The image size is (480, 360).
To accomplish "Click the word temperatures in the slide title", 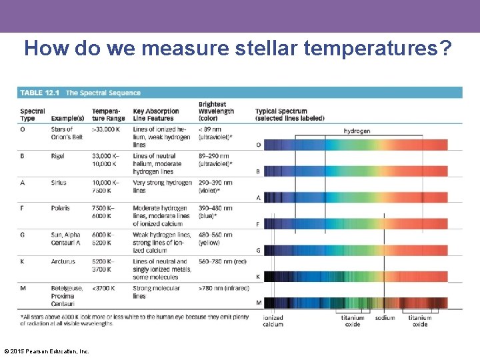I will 366,49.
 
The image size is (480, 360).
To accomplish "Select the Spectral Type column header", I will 32,115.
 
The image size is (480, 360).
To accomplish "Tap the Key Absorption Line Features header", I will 156,115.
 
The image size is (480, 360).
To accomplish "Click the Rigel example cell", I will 58,157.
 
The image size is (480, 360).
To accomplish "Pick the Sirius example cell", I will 59,183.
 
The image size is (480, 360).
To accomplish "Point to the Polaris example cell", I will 60,208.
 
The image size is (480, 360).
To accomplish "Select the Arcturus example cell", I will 63,262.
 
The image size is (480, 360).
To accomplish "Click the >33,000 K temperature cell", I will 107,129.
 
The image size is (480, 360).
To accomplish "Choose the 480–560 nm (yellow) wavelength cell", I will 215,239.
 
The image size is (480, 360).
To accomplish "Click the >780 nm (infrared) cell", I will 223,288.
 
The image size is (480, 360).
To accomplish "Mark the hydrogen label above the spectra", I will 357,131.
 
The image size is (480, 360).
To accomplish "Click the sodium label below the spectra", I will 385,318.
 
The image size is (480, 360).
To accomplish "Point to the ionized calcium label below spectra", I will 273,321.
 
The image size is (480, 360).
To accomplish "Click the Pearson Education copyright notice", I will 47,351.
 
